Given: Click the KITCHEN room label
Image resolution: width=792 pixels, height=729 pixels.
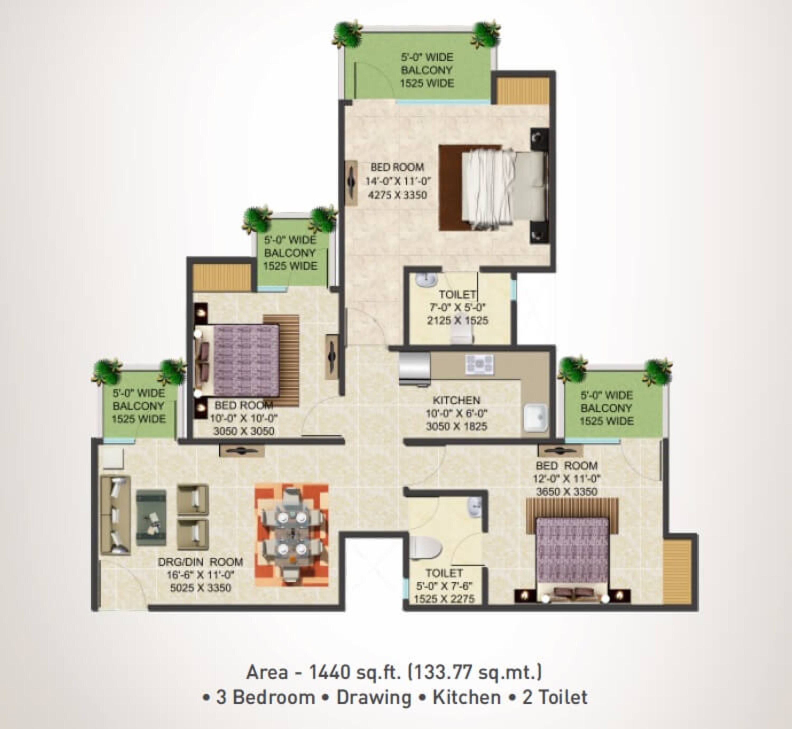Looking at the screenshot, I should (456, 400).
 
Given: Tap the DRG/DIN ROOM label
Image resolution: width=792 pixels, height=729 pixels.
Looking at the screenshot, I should (200, 562).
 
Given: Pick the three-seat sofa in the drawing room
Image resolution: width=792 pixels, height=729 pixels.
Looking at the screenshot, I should (115, 515).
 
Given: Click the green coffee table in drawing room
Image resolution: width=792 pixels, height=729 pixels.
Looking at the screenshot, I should (151, 518).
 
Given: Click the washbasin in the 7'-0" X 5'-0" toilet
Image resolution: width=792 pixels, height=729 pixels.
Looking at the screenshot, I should (426, 280).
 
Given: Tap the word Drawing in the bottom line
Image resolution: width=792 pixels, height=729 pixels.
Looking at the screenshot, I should (374, 697).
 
